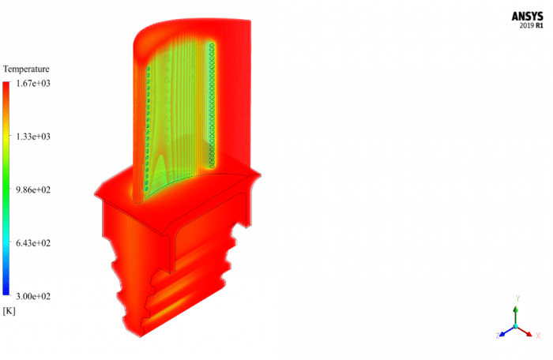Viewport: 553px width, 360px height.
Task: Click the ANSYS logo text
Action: click(x=528, y=15)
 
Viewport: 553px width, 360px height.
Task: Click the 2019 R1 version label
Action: click(x=529, y=25)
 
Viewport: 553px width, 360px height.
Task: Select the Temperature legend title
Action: click(x=26, y=69)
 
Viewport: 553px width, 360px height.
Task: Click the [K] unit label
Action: click(x=9, y=311)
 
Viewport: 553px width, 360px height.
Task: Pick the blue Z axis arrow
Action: click(x=506, y=330)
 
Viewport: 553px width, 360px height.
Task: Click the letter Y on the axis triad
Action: click(x=516, y=298)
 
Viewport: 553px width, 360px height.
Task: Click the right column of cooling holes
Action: click(x=212, y=103)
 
